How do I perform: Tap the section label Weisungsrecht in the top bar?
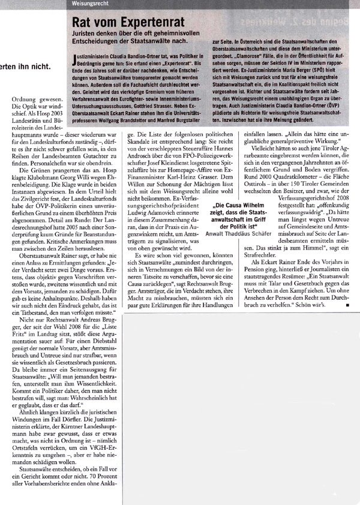(88, 4)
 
